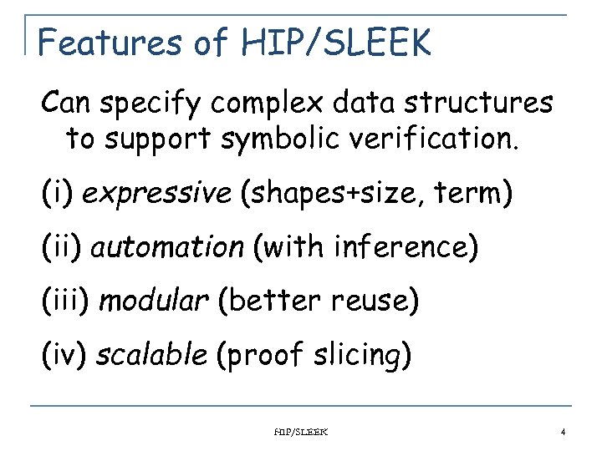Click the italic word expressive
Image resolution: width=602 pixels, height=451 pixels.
[158, 194]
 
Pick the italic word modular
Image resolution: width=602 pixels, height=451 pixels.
[154, 301]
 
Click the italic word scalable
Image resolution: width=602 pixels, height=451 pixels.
[151, 355]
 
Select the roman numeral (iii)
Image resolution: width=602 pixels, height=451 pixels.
[66, 301]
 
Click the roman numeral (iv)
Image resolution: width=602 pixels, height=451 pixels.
[65, 355]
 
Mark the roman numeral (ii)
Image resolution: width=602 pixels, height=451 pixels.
[62, 247]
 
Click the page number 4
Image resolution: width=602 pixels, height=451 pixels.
[563, 432]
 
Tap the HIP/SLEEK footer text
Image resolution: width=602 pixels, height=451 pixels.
[302, 432]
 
